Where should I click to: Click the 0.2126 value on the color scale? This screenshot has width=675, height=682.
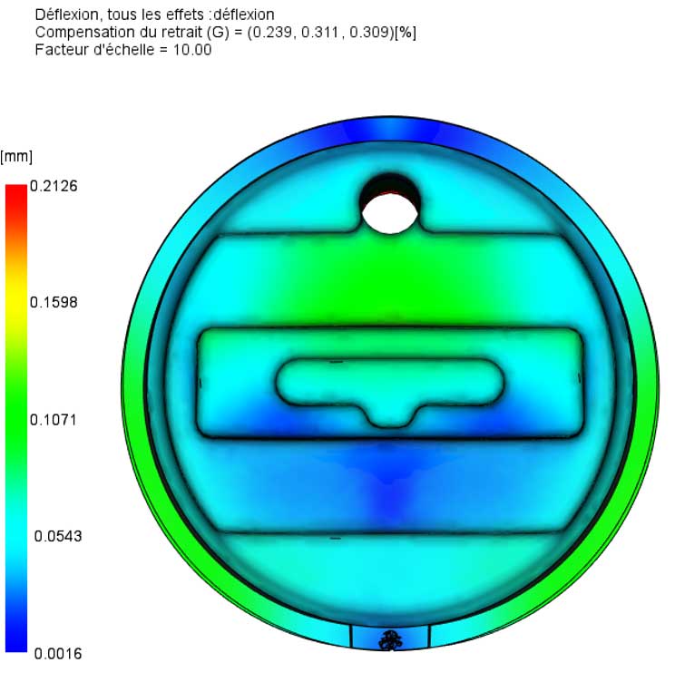(x=54, y=186)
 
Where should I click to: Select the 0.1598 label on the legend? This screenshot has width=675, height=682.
(x=54, y=302)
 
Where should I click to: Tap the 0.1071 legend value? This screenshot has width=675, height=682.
(x=54, y=420)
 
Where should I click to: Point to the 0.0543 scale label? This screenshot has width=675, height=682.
(x=58, y=536)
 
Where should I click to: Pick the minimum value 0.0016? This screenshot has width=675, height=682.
(x=58, y=653)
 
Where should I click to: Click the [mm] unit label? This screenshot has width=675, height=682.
(x=16, y=157)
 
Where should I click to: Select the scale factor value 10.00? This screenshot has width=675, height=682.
(x=192, y=50)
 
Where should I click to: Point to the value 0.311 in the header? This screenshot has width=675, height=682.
(x=320, y=32)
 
